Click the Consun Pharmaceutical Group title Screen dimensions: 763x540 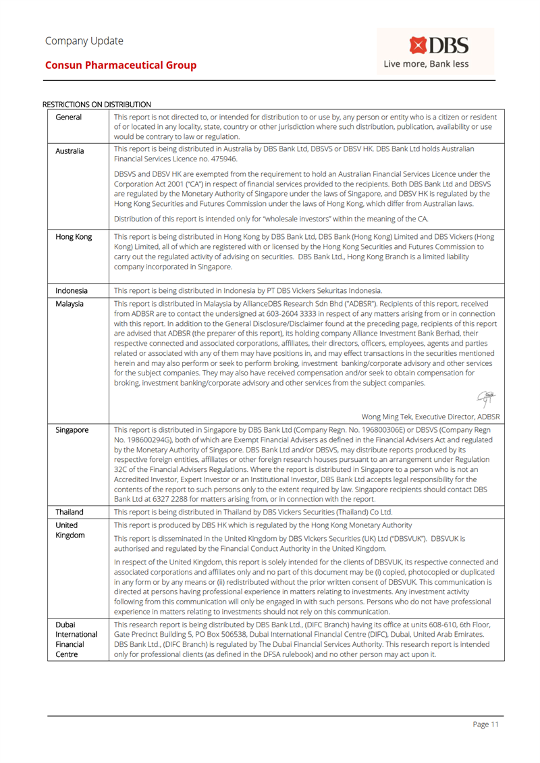click(121, 65)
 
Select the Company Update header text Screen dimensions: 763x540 click(84, 41)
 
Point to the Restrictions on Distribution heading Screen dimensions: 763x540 click(96, 104)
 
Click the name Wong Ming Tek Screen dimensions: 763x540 click(383, 416)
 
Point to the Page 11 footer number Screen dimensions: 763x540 click(485, 725)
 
